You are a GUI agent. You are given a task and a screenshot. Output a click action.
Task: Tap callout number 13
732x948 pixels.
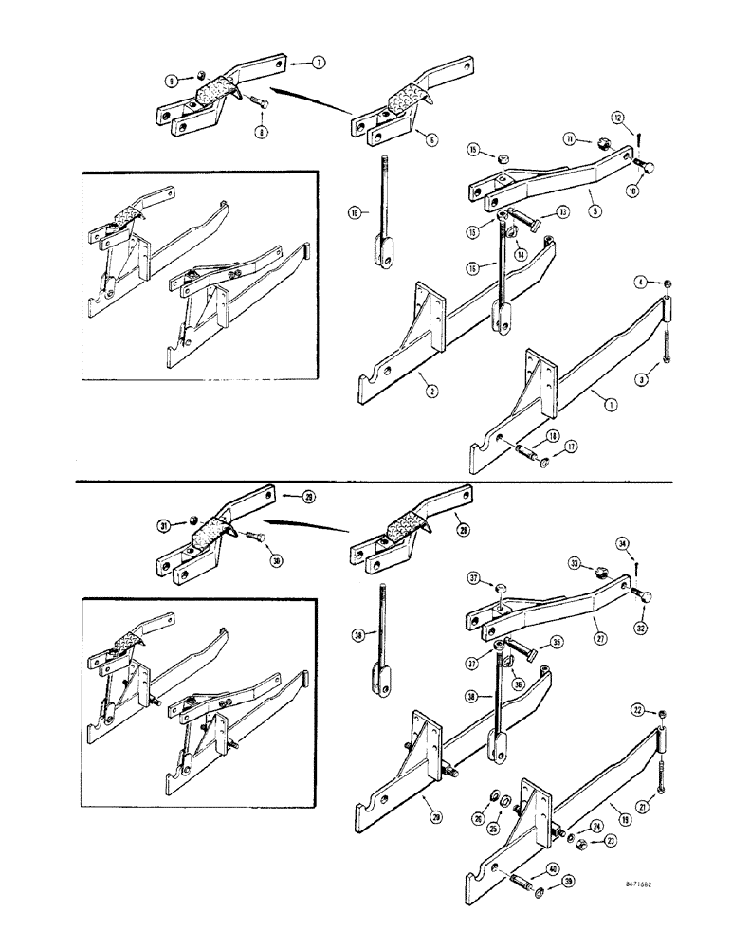coord(563,211)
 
